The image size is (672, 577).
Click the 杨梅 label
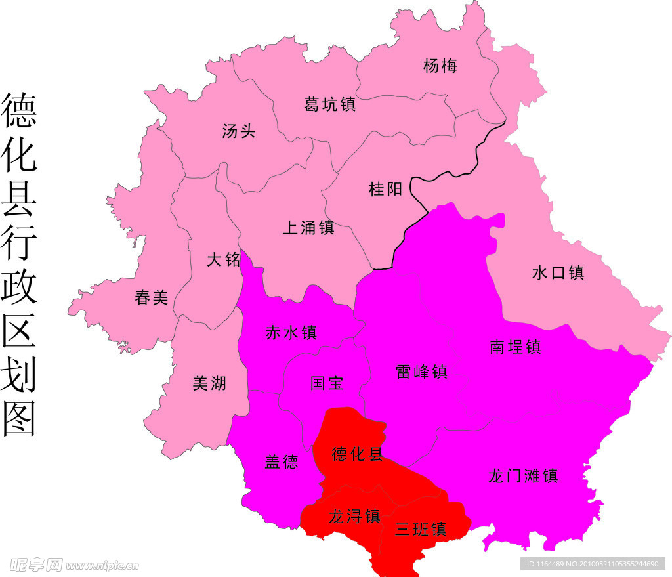pyautogui.click(x=440, y=66)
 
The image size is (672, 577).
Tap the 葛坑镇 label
pyautogui.click(x=329, y=104)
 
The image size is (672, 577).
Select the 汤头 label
pyautogui.click(x=238, y=131)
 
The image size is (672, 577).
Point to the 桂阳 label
pyautogui.click(x=385, y=190)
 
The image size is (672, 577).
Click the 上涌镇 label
pyautogui.click(x=308, y=228)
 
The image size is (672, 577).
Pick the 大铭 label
pyautogui.click(x=223, y=259)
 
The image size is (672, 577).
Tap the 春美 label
pyautogui.click(x=152, y=297)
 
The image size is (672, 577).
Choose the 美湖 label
pyautogui.click(x=209, y=383)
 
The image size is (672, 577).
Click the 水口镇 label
pyautogui.click(x=558, y=272)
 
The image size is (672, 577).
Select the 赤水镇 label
pyautogui.click(x=291, y=333)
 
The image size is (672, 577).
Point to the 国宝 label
pyautogui.click(x=326, y=383)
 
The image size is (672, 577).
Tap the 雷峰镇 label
pyautogui.click(x=421, y=372)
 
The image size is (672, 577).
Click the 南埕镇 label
pyautogui.click(x=515, y=347)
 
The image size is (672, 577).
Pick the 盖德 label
pyautogui.click(x=282, y=462)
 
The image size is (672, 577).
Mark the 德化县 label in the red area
pyautogui.click(x=357, y=454)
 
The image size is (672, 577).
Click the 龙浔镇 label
pyautogui.click(x=354, y=517)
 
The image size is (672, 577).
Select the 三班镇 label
pyautogui.click(x=421, y=529)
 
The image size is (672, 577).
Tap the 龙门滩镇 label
pyautogui.click(x=522, y=475)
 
